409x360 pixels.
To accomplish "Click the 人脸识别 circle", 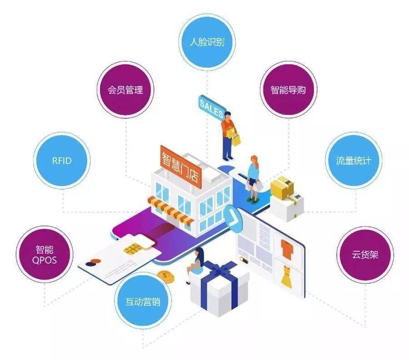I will (207, 42).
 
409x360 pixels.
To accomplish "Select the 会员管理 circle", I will (125, 90).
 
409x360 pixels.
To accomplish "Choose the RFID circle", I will (62, 160).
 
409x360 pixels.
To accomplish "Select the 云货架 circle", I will (365, 255).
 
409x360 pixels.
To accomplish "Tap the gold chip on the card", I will (133, 250).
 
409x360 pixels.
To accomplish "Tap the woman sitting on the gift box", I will (197, 264).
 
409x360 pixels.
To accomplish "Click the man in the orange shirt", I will (228, 135).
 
